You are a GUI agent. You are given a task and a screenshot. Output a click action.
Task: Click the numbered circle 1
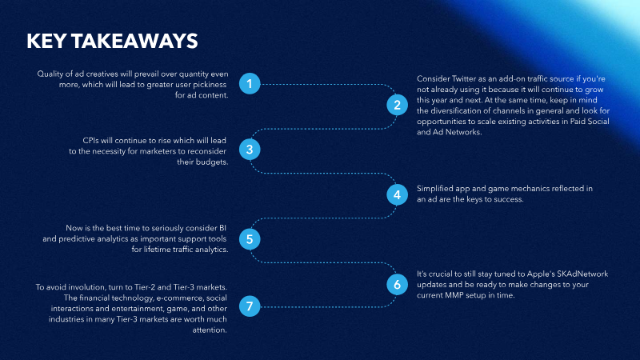coord(250,84)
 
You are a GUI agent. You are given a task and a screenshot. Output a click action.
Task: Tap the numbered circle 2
coord(397,105)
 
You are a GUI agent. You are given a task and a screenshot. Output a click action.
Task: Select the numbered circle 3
coord(250,150)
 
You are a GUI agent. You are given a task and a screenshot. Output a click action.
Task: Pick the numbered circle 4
coord(397,194)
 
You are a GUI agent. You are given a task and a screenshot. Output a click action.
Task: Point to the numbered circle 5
coord(250,239)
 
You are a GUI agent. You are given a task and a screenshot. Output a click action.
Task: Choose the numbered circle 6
coord(397,284)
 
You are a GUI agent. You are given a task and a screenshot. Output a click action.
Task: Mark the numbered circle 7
coord(250,306)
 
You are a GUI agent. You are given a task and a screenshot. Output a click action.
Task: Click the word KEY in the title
coord(46,42)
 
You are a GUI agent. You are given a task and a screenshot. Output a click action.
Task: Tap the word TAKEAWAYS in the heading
coord(134,42)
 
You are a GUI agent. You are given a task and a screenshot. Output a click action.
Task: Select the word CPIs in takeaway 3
coord(91,141)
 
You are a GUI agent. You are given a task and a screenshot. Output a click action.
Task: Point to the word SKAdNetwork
coord(582,274)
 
